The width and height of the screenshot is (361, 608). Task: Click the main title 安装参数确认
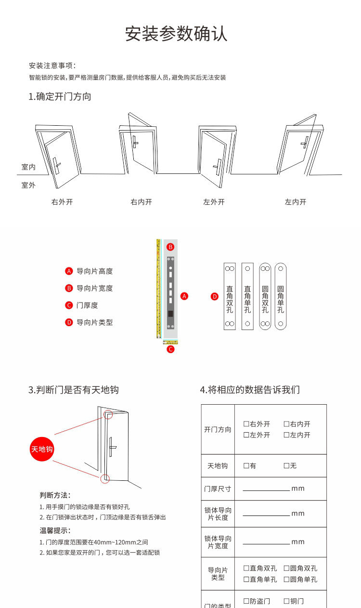(176, 34)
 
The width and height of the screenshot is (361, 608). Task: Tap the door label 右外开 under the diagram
(62, 202)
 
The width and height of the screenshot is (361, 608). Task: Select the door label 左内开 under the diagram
(296, 202)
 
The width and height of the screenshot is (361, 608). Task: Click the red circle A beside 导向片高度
(69, 271)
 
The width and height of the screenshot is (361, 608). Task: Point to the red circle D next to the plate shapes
(215, 296)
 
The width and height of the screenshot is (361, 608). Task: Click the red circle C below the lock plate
(170, 349)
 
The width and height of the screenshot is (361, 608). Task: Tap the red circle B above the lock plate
(170, 247)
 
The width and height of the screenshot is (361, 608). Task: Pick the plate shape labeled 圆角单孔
(281, 296)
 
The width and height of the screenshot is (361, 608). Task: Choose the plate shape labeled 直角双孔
(230, 296)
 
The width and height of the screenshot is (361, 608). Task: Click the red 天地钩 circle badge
(42, 449)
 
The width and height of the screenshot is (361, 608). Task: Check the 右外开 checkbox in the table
(246, 424)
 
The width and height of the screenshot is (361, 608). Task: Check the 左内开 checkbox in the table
(286, 435)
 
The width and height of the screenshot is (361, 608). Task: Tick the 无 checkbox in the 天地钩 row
(286, 466)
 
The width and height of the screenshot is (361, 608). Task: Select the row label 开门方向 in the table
(218, 429)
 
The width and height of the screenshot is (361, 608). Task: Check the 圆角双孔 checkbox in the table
(286, 568)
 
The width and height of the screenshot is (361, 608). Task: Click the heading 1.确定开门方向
(60, 96)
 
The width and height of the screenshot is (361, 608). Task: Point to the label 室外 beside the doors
(28, 185)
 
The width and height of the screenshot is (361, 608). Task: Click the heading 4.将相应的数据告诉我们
(250, 390)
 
